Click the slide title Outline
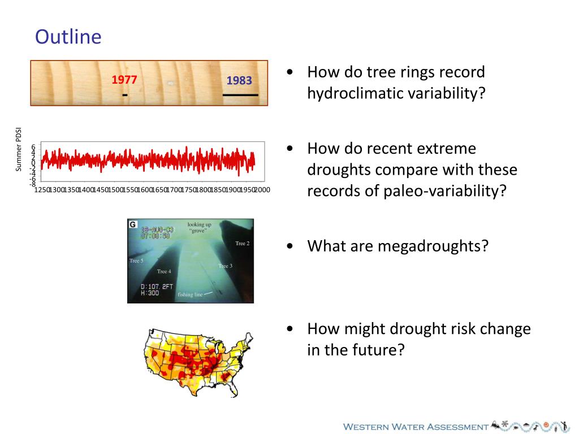[x=68, y=37]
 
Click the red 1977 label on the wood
[x=124, y=80]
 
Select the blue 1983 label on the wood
[x=239, y=81]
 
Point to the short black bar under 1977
[x=124, y=96]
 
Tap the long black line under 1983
[x=240, y=96]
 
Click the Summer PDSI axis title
[x=19, y=150]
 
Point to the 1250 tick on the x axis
[x=41, y=190]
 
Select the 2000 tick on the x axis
[x=262, y=190]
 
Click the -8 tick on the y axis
[x=33, y=184]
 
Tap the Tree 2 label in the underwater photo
[x=242, y=244]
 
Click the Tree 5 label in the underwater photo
[x=136, y=261]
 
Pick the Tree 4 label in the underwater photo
[x=164, y=271]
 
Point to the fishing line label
[x=190, y=294]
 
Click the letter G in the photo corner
[x=133, y=224]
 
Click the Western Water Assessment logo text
[x=416, y=427]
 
